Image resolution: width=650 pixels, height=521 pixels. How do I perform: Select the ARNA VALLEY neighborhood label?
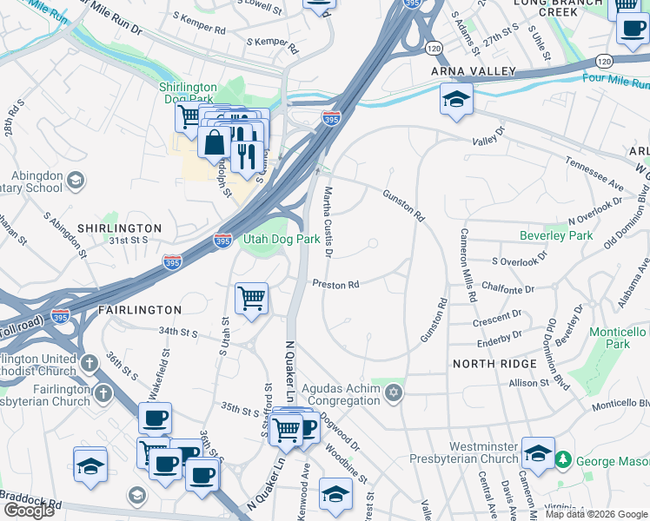pos(474,71)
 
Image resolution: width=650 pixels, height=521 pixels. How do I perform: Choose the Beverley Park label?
pos(556,235)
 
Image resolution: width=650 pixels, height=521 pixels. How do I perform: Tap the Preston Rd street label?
pos(335,285)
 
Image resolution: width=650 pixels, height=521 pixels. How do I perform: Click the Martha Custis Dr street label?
pos(328,221)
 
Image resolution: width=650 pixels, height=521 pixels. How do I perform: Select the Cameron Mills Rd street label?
pos(467,265)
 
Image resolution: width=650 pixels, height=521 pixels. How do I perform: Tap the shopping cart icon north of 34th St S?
pos(251,299)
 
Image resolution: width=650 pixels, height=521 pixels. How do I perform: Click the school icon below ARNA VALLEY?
pos(455,100)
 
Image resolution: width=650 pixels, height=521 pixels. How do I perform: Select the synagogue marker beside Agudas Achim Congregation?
pos(394,394)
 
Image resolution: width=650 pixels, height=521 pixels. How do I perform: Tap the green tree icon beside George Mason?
pos(563,458)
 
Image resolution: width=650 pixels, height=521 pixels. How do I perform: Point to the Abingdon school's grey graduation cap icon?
pos(76,181)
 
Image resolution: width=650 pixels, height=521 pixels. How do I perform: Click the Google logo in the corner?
pos(29,511)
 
